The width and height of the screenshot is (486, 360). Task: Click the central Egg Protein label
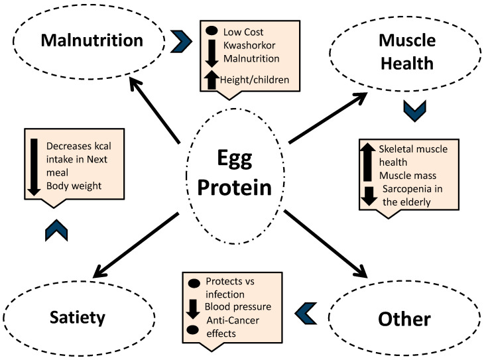coord(235,173)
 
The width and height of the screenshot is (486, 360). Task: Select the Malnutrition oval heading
coord(92,40)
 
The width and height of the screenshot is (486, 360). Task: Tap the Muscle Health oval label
coord(407,52)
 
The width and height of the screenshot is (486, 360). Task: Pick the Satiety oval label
coord(78,318)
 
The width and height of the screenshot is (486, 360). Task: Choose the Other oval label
coord(404,319)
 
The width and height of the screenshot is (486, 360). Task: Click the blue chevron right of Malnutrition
coord(182,41)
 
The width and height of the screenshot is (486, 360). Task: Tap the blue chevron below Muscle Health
coord(414,111)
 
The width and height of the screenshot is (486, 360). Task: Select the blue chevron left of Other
coord(306,313)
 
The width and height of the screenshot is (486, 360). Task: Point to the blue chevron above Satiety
coord(56,230)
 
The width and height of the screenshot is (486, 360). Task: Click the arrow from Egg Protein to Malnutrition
coord(154,111)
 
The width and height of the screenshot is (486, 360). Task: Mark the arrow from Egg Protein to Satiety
coord(136,245)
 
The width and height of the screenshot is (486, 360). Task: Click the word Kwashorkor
coord(249,45)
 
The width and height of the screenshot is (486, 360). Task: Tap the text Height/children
coord(255,80)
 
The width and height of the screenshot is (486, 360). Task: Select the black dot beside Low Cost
coord(212,30)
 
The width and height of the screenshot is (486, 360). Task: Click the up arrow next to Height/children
coord(212,80)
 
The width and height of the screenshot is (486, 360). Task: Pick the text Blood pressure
coord(238,307)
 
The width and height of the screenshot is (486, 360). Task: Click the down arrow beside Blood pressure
coord(193,309)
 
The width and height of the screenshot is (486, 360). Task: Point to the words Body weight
coord(74,186)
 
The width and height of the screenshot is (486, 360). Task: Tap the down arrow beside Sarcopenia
coord(369,196)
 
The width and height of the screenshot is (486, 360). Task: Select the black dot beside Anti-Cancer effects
coord(193,330)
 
